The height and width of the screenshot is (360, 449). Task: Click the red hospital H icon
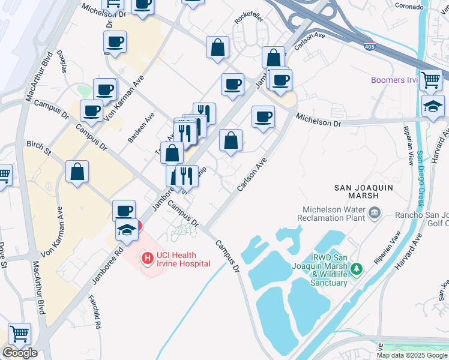click(146, 259)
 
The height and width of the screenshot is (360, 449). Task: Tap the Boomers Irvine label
click(394, 80)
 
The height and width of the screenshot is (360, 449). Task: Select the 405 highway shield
click(370, 46)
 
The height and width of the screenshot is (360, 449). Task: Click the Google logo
click(20, 353)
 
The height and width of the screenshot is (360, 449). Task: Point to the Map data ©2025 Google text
click(412, 355)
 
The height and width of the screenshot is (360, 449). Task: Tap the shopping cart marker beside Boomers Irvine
click(430, 80)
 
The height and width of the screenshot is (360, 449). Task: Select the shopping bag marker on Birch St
click(77, 172)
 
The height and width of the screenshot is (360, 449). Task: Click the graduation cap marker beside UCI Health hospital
click(127, 230)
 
